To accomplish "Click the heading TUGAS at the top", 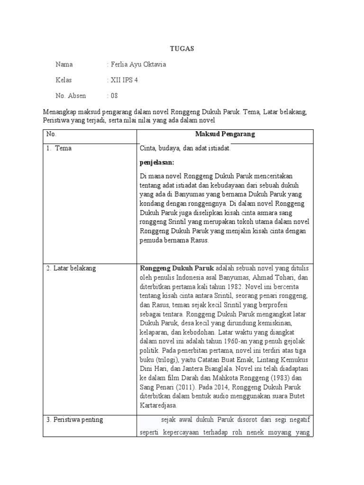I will (182, 49).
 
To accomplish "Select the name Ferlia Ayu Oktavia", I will (138, 64).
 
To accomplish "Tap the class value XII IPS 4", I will (124, 80).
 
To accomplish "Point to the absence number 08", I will (114, 96).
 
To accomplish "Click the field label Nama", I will (64, 64).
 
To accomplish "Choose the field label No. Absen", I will (71, 96).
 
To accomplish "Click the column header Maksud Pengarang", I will (225, 134).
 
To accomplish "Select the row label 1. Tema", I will (59, 148).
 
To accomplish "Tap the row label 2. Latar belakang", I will (71, 268).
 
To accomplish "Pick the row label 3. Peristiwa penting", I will (75, 420).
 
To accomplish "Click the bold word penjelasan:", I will (157, 162).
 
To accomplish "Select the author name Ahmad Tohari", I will (272, 278).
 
